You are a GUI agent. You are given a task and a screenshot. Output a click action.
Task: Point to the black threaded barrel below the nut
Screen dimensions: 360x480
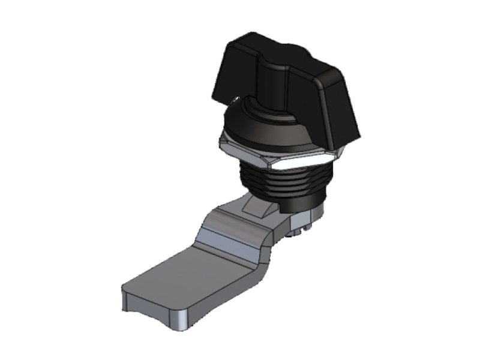282,180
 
